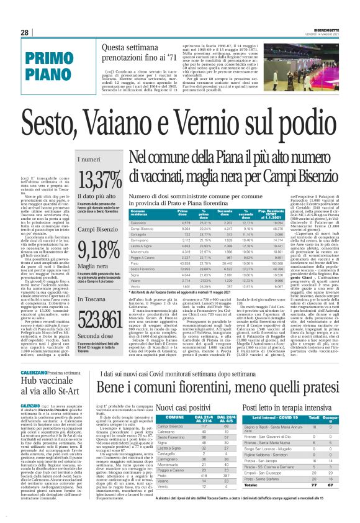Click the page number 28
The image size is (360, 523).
[x=24, y=33]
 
